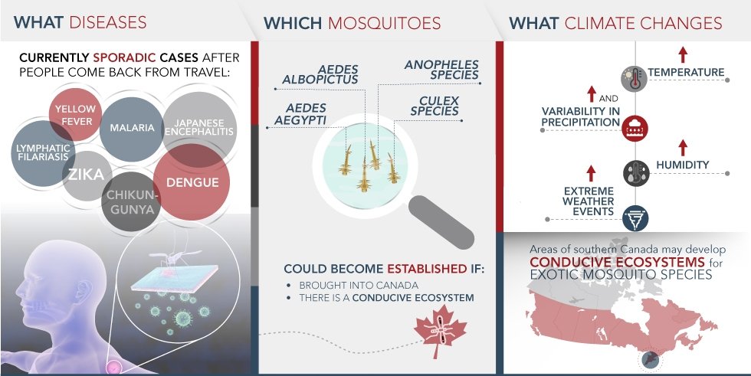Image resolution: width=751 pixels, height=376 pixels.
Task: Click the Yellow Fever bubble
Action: tap(76, 115)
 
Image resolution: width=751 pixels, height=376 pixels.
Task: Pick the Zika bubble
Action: tap(87, 175)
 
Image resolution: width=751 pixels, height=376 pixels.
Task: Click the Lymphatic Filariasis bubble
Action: tap(43, 153)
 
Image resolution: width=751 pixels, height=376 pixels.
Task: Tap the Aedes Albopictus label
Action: tap(320, 74)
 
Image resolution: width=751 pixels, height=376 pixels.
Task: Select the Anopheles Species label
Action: tap(441, 70)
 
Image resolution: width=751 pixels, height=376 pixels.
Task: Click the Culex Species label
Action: tap(435, 106)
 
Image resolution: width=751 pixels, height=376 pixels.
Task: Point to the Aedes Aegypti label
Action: tap(300, 114)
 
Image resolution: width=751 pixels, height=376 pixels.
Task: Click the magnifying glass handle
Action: tap(441, 221)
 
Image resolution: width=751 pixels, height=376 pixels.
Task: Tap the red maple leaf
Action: tap(440, 331)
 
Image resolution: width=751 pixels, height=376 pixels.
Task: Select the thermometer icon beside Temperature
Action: tap(635, 79)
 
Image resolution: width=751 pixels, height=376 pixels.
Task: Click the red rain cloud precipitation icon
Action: tap(635, 128)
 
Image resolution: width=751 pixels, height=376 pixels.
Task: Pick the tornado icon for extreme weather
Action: tap(635, 218)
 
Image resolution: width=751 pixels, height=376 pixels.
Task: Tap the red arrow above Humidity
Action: tap(683, 147)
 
